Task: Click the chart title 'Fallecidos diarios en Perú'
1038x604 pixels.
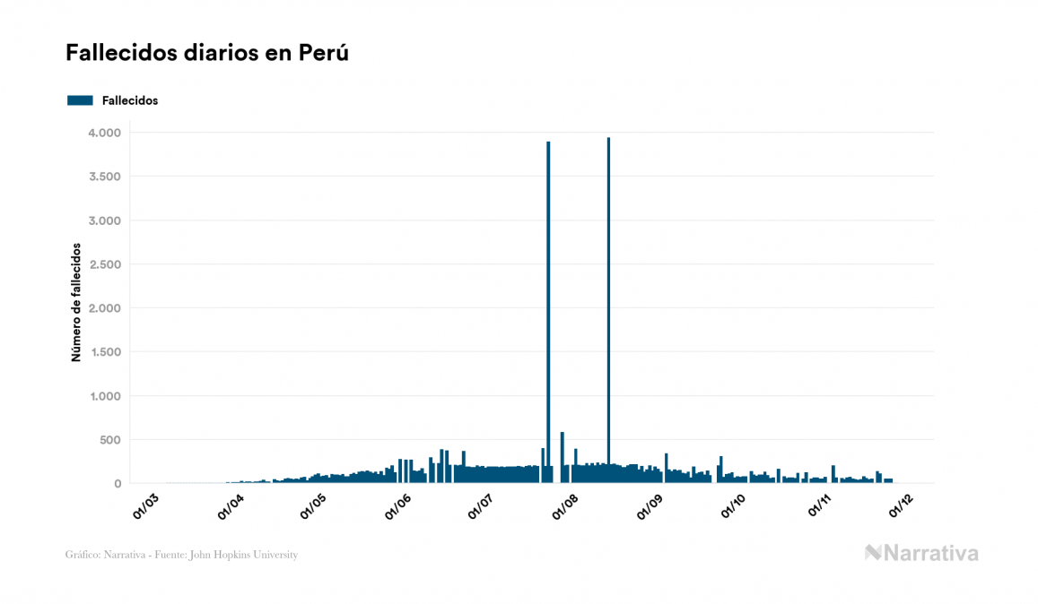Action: tap(206, 54)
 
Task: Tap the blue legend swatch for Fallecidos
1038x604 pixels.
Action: tap(80, 100)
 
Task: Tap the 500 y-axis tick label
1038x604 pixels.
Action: tap(109, 440)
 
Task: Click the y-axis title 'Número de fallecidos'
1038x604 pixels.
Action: tap(76, 301)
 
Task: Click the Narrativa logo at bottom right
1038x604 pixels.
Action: tap(921, 553)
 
